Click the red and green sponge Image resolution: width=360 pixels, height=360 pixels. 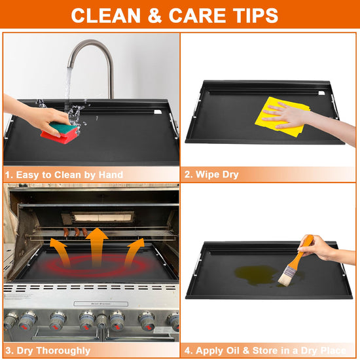click(x=61, y=132)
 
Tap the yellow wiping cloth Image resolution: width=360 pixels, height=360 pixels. click(x=281, y=117)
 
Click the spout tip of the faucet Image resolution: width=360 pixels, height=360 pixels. click(x=71, y=67)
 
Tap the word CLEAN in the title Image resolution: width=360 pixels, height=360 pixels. click(x=105, y=16)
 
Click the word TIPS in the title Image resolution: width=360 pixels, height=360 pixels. click(x=255, y=16)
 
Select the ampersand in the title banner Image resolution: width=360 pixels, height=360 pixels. click(x=154, y=16)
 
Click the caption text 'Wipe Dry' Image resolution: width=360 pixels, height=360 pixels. click(x=217, y=175)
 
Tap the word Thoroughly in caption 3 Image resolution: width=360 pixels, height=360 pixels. click(x=63, y=351)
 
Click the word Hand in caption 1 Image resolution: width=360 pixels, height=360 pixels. click(x=111, y=175)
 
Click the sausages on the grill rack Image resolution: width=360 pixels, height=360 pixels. click(x=76, y=232)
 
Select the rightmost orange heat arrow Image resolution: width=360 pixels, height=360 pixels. click(x=134, y=252)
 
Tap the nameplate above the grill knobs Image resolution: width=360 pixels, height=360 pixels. click(x=101, y=304)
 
